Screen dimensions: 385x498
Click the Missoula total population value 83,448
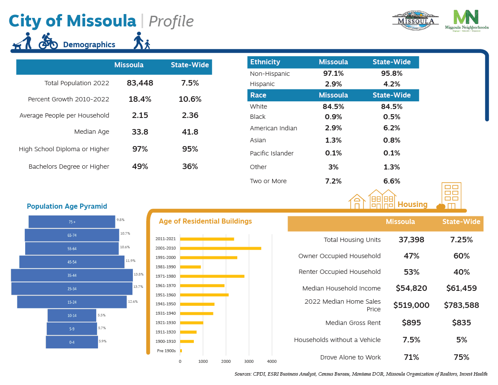tap(140, 83)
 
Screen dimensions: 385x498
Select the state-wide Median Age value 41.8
tap(190, 132)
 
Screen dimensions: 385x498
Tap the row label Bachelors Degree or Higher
tap(69, 167)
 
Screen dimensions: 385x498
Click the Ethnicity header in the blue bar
tap(265, 62)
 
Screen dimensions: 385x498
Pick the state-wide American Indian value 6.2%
tap(391, 128)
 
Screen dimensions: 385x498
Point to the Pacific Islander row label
tap(271, 153)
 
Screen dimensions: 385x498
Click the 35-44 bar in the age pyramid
tap(72, 276)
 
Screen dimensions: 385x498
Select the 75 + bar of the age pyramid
tap(72, 222)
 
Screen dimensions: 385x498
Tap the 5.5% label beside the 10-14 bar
tap(101, 315)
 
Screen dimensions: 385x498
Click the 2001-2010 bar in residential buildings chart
tap(220, 248)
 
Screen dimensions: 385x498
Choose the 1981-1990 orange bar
tap(190, 267)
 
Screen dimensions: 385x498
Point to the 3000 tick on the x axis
tap(249, 362)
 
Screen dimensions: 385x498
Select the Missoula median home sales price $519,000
tap(411, 305)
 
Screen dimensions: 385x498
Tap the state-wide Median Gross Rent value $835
tap(461, 323)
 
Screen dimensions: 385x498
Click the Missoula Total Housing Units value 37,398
tap(411, 240)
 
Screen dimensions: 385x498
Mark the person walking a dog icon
tap(23, 41)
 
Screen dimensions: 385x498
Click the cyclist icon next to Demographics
tap(48, 41)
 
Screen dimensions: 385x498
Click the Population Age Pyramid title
tap(67, 207)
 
